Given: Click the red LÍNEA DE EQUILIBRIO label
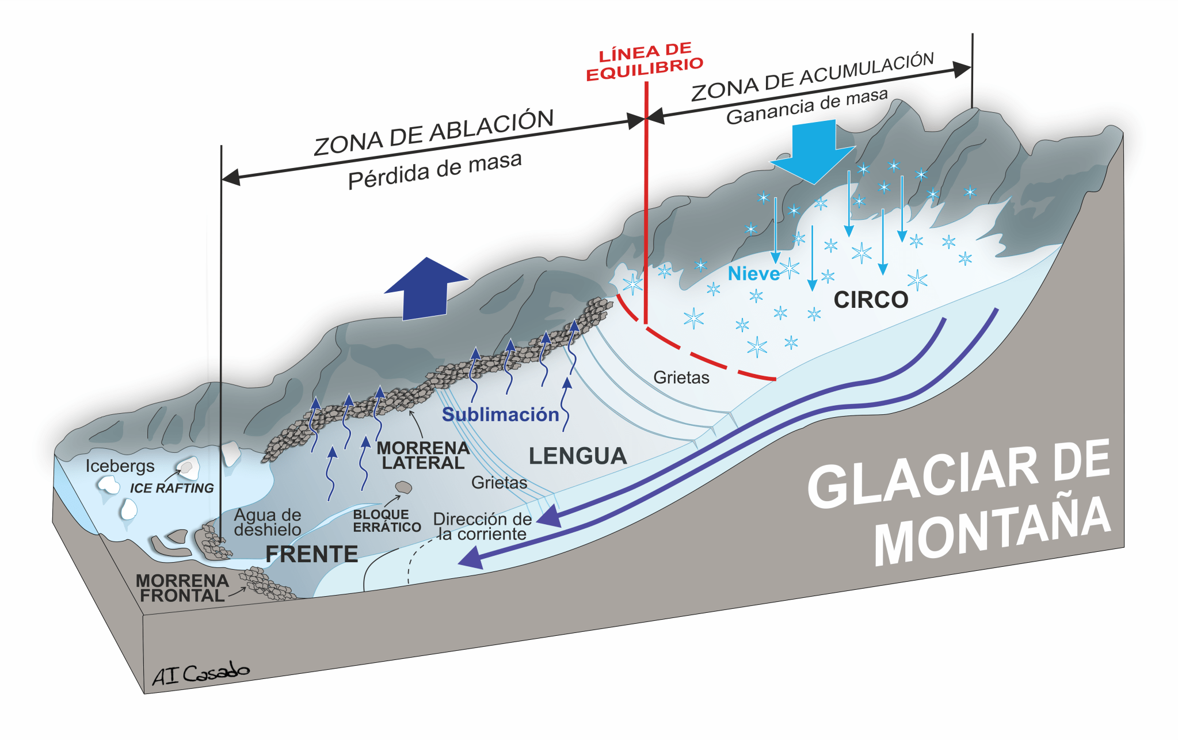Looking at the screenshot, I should point(645,62).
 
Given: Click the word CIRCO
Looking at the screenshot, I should point(871,300).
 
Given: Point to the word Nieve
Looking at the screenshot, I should point(753,274).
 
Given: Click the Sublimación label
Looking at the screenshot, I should point(500,414).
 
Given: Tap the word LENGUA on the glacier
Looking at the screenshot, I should point(577,456).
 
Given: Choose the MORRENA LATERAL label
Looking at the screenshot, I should point(423,455).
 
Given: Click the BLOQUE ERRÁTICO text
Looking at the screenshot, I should point(386,521).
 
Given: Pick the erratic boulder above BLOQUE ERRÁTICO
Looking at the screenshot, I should point(403,488).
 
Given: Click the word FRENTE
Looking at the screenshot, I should point(311,554).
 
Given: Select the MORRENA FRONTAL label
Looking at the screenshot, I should point(182,588).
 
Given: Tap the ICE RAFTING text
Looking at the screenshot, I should point(171,488).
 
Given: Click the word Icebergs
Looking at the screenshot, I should point(120,466).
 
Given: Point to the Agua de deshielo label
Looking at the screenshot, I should point(268,522).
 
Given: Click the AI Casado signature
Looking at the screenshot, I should point(200,674).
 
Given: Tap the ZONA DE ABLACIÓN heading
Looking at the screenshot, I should point(433,132).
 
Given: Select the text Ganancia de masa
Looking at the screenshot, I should point(807,106).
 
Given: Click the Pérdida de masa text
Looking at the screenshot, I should point(435,170).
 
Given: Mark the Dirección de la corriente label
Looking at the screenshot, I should point(482,526).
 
